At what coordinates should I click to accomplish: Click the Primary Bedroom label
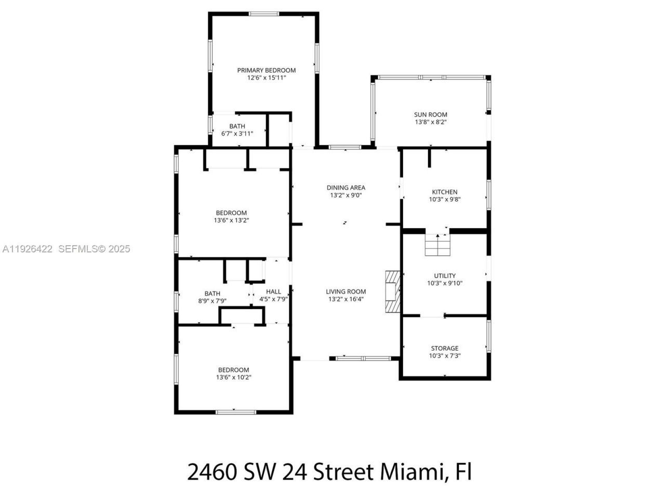266,70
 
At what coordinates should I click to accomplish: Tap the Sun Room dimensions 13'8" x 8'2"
430,122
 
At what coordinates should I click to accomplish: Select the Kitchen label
443,192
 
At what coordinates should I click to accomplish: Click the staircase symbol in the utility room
437,245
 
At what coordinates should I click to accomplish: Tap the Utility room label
445,276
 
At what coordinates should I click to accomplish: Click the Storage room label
444,349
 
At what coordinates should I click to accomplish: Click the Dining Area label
345,188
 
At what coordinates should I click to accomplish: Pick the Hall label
273,292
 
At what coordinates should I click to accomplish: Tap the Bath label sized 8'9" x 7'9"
212,294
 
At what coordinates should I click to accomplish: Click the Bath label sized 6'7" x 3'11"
237,126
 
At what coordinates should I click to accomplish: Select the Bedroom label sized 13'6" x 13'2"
231,213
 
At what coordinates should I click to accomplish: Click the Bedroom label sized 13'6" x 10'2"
233,370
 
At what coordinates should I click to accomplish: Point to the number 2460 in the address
212,472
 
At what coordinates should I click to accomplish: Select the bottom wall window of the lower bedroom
236,412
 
